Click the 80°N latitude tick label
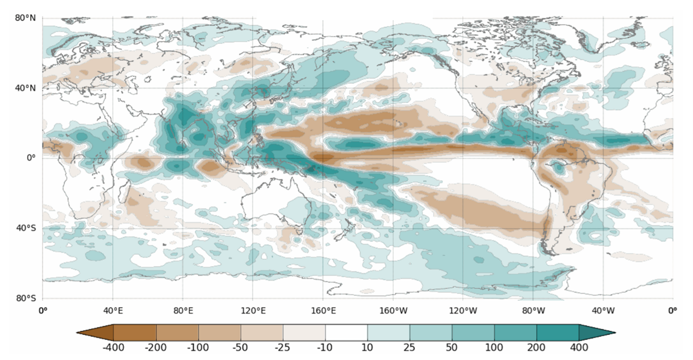pos(25,18)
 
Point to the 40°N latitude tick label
pos(25,88)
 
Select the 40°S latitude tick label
pos(25,228)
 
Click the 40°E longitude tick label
pos(112,311)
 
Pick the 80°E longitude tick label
pos(183,311)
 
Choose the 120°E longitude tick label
pos(253,311)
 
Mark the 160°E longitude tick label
pos(323,311)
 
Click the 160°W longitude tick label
pos(393,311)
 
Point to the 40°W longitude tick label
pos(603,311)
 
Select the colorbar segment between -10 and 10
pos(346,333)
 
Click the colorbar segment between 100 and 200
pos(515,333)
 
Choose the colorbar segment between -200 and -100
pos(178,333)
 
